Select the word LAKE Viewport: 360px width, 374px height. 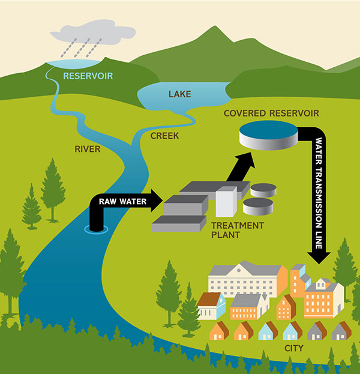[179, 94]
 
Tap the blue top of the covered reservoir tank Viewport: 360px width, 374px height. [269, 130]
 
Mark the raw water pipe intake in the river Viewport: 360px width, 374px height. [94, 228]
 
